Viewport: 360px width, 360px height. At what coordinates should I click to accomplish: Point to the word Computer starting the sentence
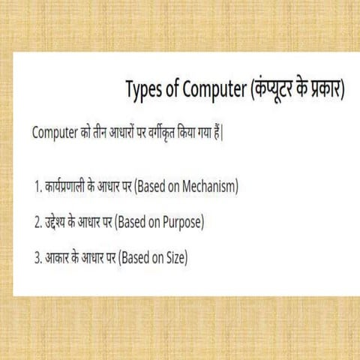point(55,133)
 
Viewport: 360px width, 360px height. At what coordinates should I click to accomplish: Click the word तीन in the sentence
point(100,133)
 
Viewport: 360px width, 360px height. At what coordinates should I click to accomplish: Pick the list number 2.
point(37,223)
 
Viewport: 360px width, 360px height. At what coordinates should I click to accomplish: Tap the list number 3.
point(37,259)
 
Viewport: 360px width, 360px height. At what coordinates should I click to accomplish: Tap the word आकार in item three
point(55,259)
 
